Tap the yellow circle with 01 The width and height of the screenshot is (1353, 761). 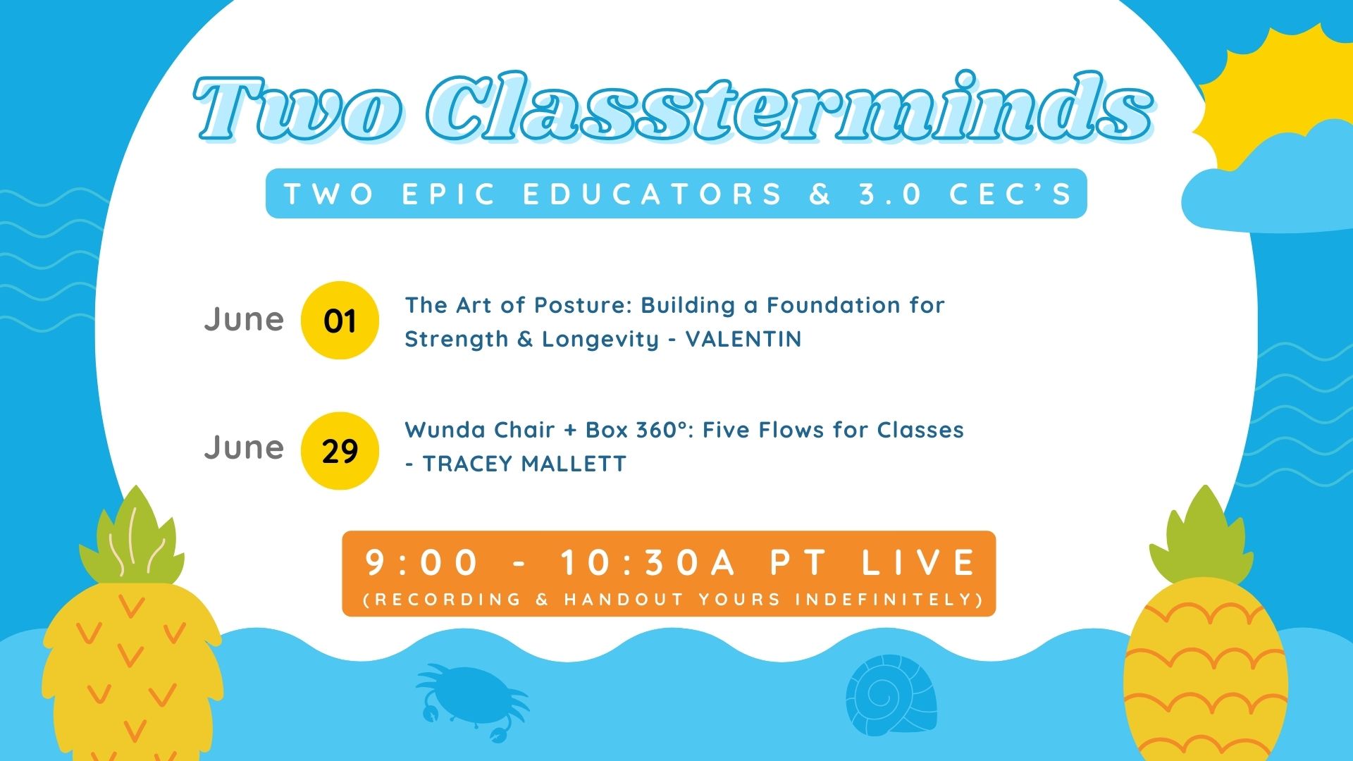tap(340, 321)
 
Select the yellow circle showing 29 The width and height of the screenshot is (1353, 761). tap(340, 451)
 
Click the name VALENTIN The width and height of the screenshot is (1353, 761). tap(743, 339)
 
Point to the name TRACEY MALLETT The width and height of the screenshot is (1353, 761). tap(524, 464)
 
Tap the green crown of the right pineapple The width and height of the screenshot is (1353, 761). tap(1201, 539)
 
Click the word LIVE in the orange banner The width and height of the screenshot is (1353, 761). tap(920, 562)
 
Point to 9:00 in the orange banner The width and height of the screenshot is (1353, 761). tap(422, 562)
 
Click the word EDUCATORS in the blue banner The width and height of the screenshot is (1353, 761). tap(653, 194)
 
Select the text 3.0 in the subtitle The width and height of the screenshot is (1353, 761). tap(889, 194)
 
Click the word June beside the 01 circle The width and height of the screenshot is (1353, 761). tap(244, 319)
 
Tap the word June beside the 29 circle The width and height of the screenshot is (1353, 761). tap(244, 447)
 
